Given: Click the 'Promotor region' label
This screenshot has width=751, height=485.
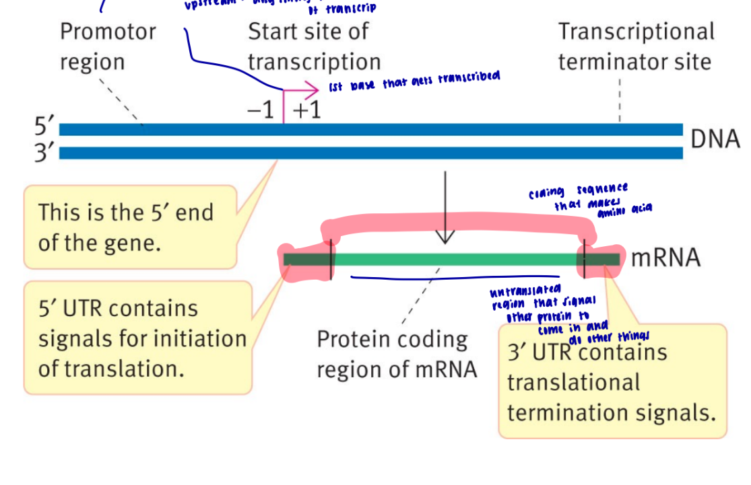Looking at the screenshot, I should point(108,46).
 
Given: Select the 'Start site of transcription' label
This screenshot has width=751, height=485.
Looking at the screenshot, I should point(314,46).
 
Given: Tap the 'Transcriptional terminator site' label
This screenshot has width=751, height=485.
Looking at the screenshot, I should point(636,46).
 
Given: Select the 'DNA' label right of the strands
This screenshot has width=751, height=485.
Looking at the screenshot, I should point(715,139).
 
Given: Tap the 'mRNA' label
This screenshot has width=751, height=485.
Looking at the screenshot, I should point(665,258).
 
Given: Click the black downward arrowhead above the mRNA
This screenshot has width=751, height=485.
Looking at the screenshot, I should point(445,236).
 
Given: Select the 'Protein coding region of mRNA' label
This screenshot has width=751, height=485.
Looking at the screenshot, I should point(396,354).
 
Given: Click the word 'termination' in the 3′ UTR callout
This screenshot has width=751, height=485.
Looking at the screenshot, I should point(573,412).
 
